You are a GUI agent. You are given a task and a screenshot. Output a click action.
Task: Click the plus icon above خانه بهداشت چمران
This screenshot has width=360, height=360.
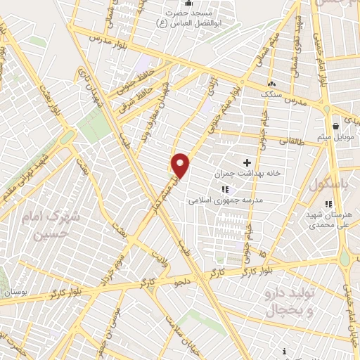pos(247,162)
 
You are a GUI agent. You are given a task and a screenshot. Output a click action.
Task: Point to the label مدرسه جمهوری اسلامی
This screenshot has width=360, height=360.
pos(225,200)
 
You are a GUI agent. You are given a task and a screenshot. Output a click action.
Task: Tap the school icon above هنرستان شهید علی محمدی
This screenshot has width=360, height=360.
pos(328,204)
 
